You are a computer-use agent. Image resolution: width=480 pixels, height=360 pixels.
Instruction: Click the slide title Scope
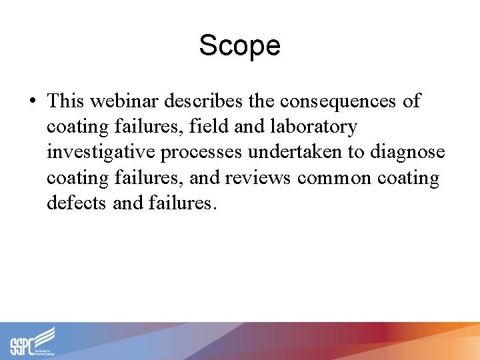[239, 45]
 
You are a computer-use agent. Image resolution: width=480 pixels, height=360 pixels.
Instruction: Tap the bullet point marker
[33, 101]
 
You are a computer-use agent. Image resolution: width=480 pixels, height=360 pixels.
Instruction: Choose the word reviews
[259, 178]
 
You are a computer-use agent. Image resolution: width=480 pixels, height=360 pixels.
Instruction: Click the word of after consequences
[411, 101]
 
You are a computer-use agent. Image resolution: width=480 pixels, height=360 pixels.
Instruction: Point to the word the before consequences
[262, 101]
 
